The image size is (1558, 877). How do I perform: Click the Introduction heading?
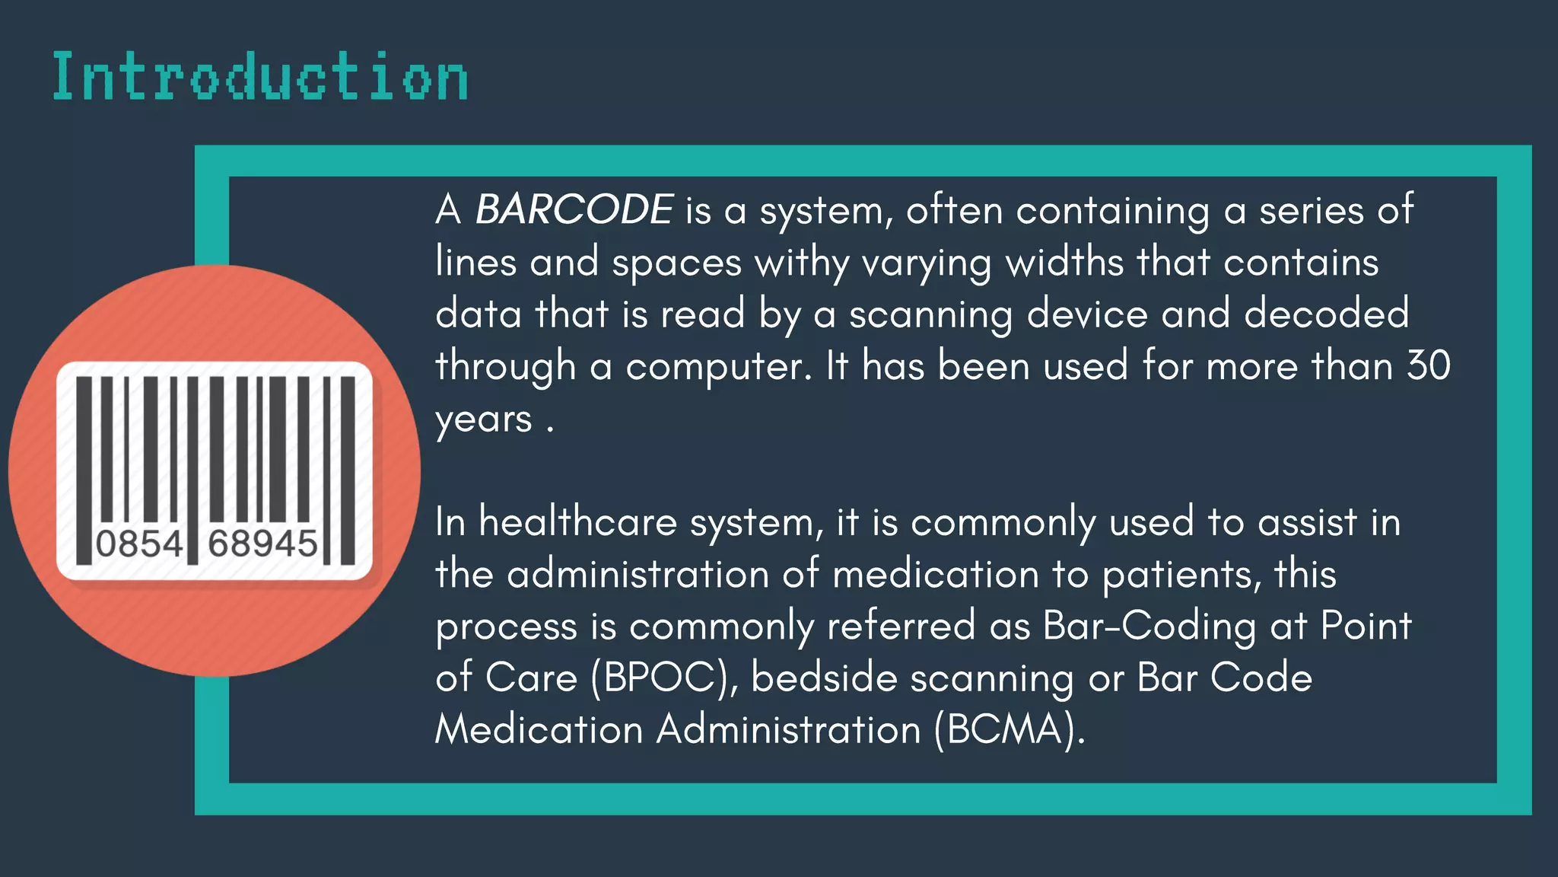[x=260, y=77]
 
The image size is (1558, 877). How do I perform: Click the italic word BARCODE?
[x=574, y=209]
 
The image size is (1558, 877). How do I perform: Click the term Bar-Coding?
[x=1149, y=627]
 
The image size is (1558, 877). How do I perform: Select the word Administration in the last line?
[x=789, y=730]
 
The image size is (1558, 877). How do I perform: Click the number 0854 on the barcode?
[x=139, y=544]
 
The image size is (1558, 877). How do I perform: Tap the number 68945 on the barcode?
[x=262, y=544]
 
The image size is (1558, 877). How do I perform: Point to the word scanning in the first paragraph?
[x=930, y=315]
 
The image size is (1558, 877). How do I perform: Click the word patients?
[x=1181, y=575]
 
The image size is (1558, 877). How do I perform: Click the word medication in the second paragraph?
[x=936, y=575]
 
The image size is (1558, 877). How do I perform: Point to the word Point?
[x=1366, y=627]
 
